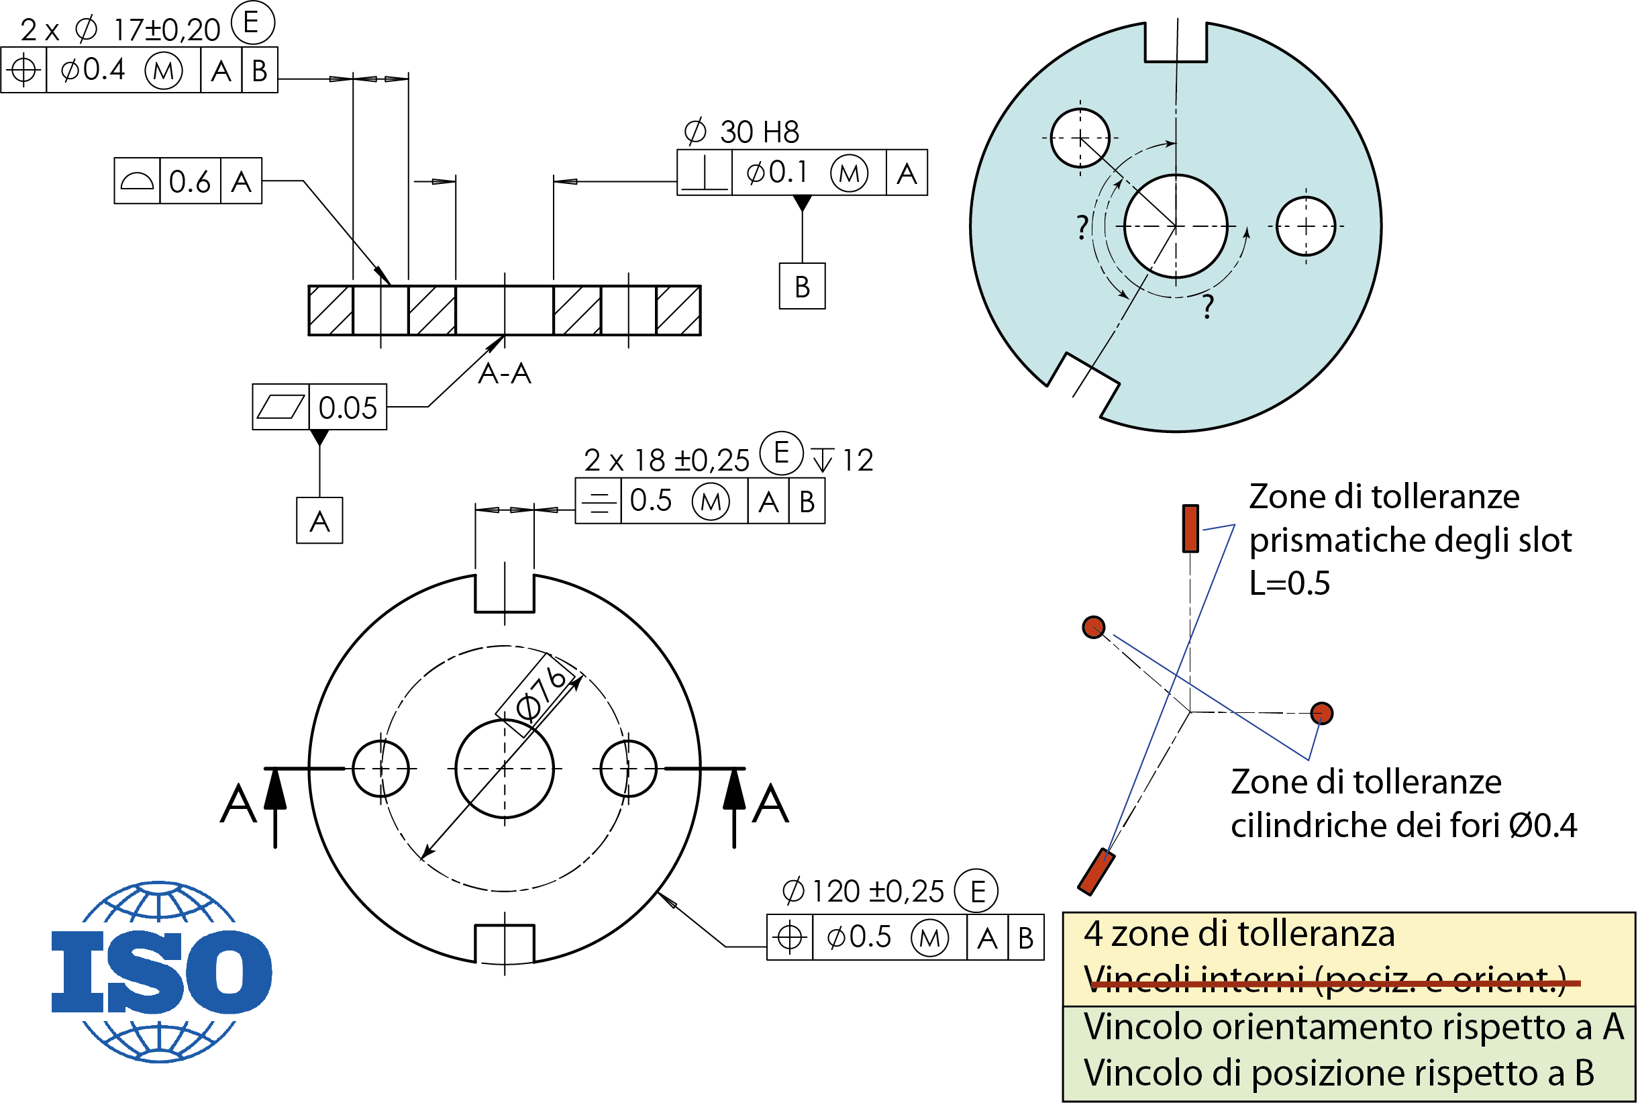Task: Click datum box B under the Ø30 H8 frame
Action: (x=801, y=286)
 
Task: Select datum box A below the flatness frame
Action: (x=319, y=521)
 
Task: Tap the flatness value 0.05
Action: (x=348, y=407)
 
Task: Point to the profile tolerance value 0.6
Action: (x=189, y=181)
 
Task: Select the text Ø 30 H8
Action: (x=741, y=132)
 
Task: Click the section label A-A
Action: (x=504, y=373)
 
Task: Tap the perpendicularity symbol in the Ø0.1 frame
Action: (x=705, y=173)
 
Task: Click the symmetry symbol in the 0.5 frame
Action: (x=599, y=501)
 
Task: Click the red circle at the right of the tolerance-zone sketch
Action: (x=1322, y=714)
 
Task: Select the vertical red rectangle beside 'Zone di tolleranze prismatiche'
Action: (x=1190, y=528)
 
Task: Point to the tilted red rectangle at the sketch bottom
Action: (x=1096, y=872)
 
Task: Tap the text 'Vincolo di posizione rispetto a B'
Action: (x=1339, y=1073)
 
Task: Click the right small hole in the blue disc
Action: (x=1305, y=226)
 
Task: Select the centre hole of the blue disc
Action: (x=1176, y=226)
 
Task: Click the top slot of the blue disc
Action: (x=1176, y=42)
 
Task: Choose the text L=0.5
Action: (x=1289, y=583)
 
